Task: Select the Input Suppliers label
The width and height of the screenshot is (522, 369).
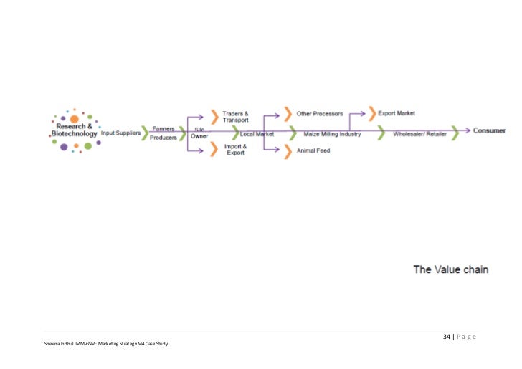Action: (120, 133)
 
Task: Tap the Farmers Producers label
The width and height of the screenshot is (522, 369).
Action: (163, 133)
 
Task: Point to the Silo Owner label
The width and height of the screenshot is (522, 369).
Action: (199, 133)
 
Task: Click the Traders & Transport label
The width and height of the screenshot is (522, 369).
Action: (235, 116)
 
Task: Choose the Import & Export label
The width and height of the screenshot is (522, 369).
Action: (234, 150)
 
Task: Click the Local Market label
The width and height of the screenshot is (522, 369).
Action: (257, 133)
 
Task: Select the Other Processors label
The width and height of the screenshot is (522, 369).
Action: (320, 113)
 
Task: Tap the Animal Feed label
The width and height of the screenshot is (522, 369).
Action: (313, 150)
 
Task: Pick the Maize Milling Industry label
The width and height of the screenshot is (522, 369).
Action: (332, 133)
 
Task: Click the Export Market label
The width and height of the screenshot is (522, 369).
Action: (397, 113)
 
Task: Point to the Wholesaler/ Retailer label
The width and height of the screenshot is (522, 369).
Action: (419, 133)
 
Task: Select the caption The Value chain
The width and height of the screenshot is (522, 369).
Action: (450, 269)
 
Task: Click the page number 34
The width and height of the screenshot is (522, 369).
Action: (447, 337)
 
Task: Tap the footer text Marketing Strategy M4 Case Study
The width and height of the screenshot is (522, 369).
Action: (136, 345)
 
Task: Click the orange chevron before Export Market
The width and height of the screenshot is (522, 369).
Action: (371, 113)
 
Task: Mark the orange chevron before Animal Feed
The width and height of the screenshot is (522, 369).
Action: (288, 151)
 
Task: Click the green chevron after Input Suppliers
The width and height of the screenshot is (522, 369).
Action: (146, 133)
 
